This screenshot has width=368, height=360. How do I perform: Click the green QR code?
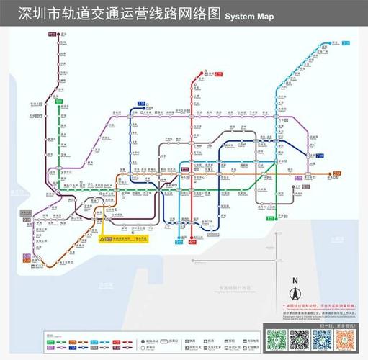pyautogui.click(x=277, y=339)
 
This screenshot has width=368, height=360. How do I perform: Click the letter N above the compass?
pyautogui.click(x=294, y=281)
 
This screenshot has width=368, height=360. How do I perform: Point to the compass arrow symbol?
pyautogui.click(x=294, y=294)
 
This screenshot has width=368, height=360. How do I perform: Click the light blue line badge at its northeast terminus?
pyautogui.click(x=346, y=43)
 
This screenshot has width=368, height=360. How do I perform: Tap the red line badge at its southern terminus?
pyautogui.click(x=192, y=243)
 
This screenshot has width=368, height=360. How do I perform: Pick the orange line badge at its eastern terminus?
pyautogui.click(x=337, y=174)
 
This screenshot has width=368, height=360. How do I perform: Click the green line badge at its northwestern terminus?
pyautogui.click(x=59, y=102)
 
